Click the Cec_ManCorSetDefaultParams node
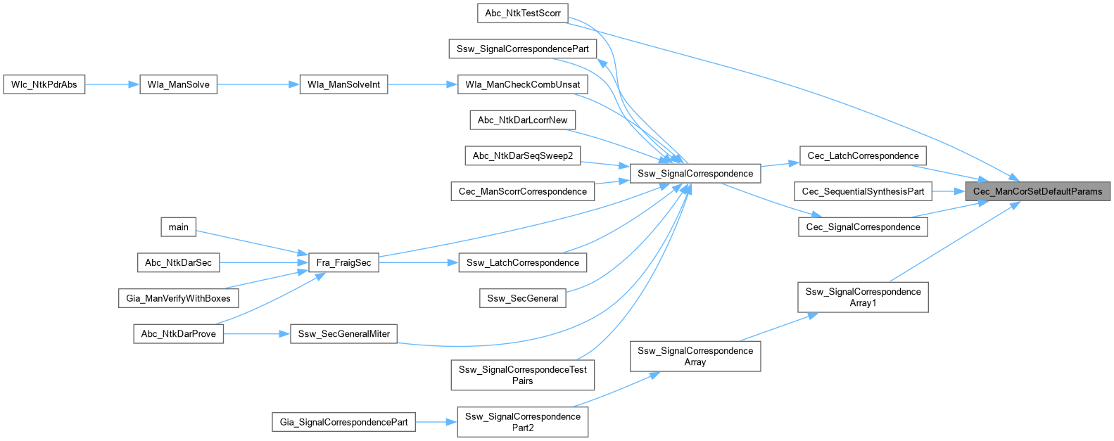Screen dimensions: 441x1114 [x=1037, y=191]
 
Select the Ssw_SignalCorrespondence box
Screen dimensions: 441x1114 [x=695, y=173]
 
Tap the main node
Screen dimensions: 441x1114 [x=178, y=226]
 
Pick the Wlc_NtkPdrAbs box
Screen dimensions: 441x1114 [x=44, y=84]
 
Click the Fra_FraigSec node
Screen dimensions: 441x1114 [x=343, y=262]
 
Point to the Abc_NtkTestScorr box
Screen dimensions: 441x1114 [x=523, y=13]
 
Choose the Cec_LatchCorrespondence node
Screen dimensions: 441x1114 [x=863, y=155]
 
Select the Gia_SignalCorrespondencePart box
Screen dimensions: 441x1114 [x=343, y=422]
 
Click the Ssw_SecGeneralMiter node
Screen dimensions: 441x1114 [x=343, y=333]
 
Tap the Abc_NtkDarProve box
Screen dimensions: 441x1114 [x=179, y=333]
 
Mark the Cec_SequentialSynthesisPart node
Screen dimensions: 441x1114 [x=863, y=191]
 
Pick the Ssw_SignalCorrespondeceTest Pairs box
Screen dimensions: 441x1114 [x=522, y=375]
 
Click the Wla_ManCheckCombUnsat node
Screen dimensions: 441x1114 [x=522, y=84]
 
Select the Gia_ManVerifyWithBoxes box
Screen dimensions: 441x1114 [x=178, y=298]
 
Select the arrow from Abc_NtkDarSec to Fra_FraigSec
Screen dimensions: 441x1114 [x=264, y=262]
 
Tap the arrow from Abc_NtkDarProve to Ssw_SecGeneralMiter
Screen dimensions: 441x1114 [x=257, y=333]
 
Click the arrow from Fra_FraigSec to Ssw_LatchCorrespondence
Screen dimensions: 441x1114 [x=418, y=262]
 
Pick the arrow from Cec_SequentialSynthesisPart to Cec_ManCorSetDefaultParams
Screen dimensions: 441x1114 [x=949, y=191]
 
